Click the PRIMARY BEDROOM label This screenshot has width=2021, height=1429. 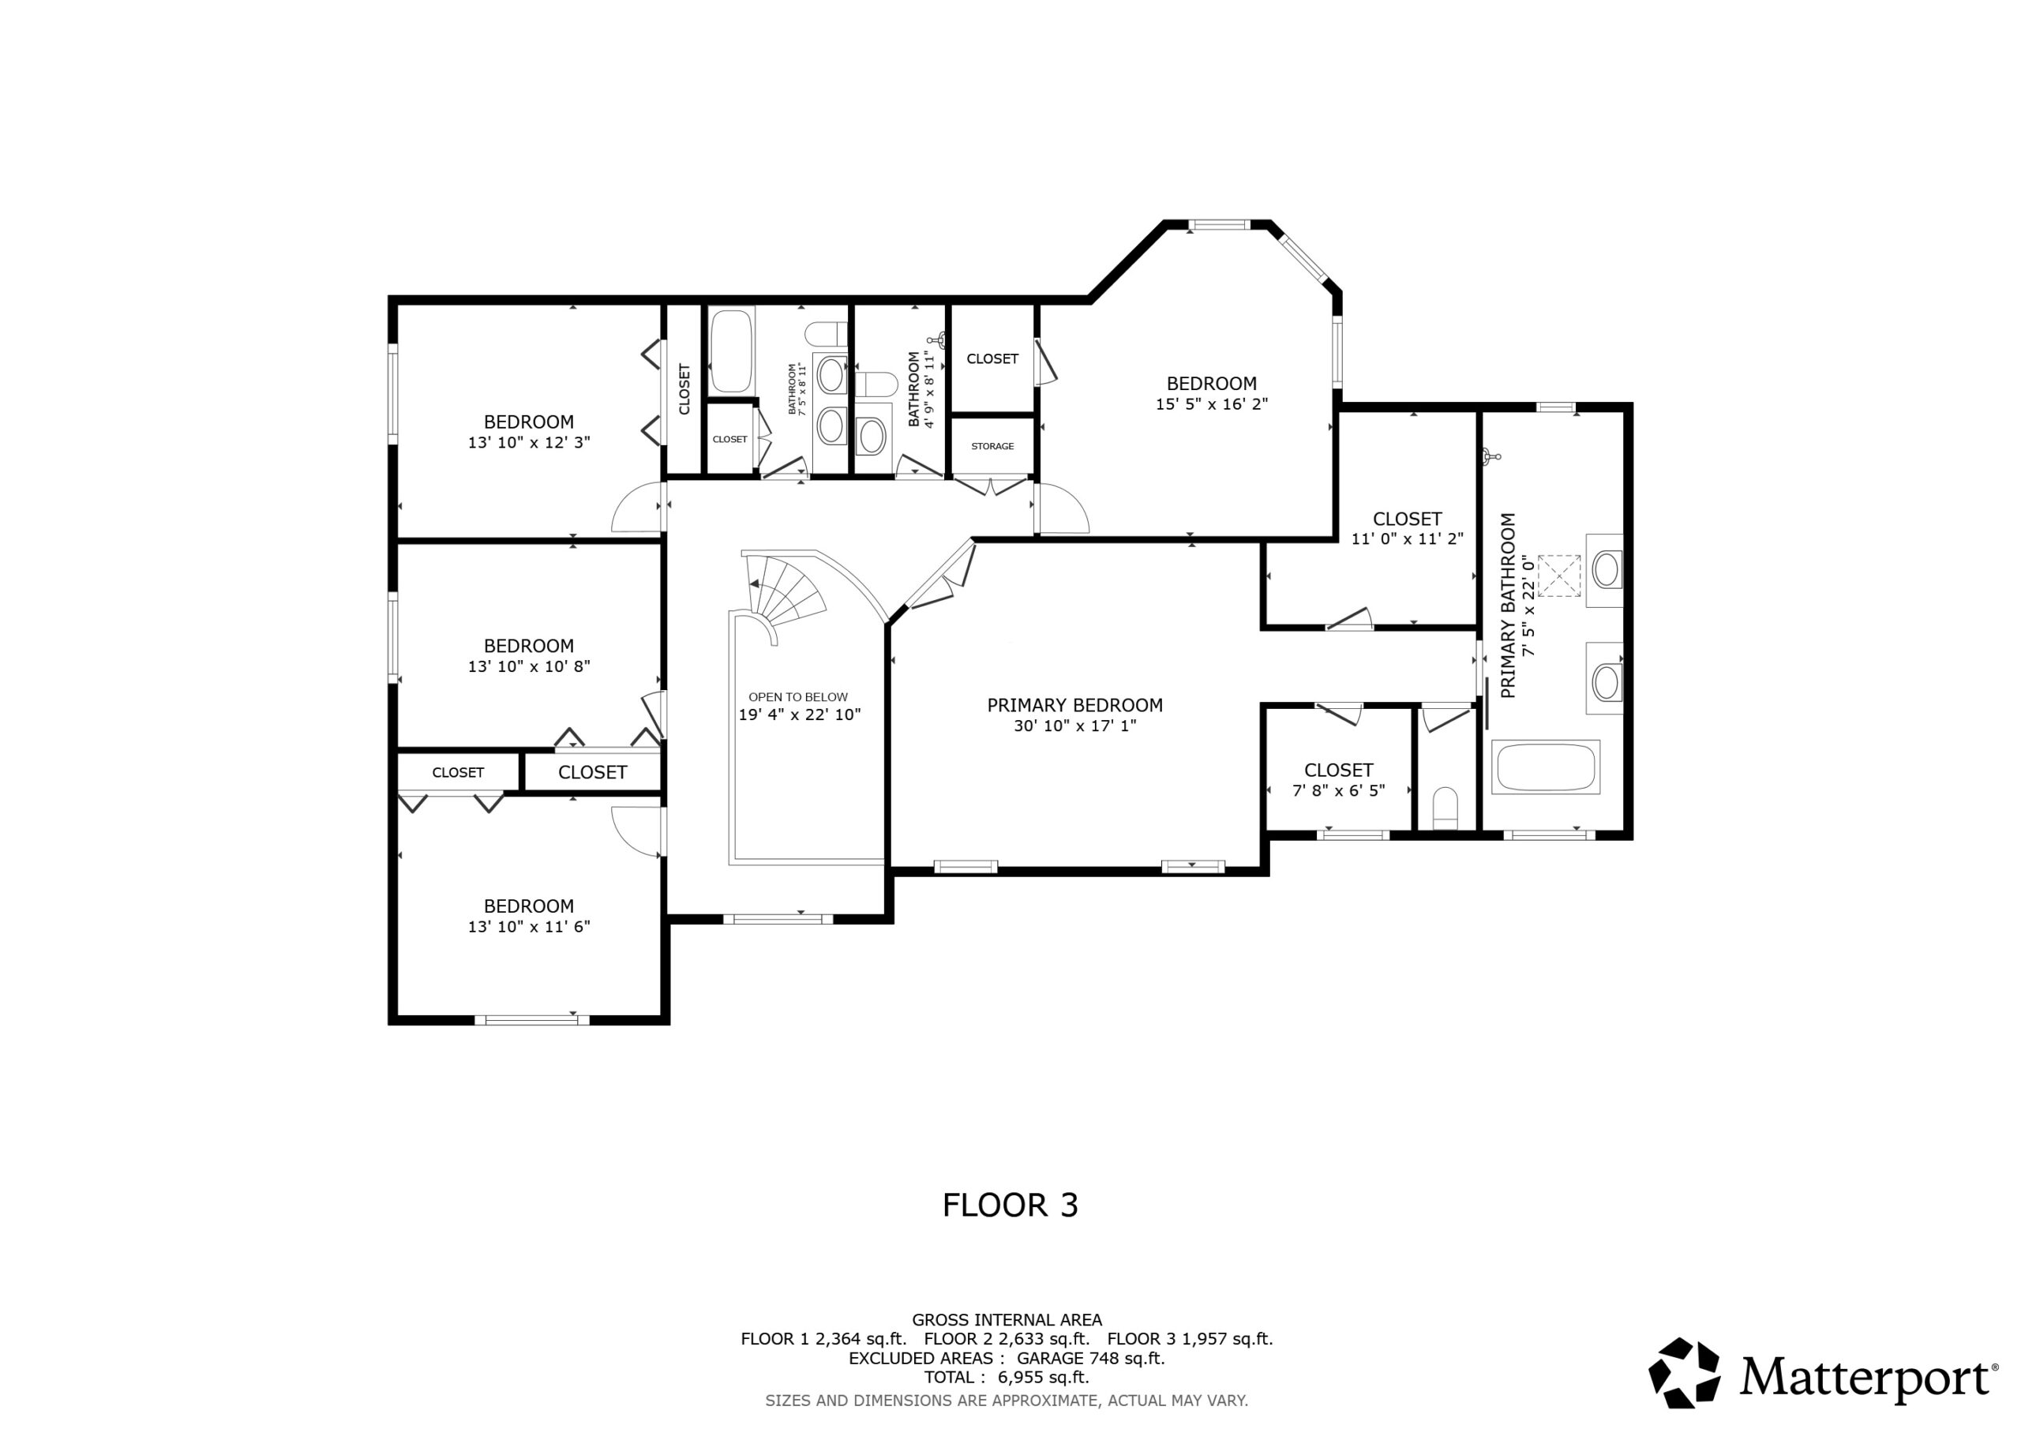[1074, 705]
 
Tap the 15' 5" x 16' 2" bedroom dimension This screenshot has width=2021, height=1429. [1211, 404]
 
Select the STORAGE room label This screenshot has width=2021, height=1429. [992, 446]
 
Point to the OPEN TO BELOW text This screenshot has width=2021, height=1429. [798, 696]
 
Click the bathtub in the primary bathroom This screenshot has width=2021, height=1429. [1547, 767]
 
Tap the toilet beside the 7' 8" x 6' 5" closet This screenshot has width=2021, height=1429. [1445, 808]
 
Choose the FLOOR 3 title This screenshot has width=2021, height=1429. [1010, 1206]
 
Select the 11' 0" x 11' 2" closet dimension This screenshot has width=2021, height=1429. [1407, 539]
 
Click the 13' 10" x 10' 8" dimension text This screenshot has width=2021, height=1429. [528, 666]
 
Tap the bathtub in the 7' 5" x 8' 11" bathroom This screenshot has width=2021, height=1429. [732, 350]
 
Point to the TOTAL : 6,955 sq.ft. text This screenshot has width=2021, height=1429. [1007, 1377]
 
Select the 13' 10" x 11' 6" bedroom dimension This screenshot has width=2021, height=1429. [528, 926]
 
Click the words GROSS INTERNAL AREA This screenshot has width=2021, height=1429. [1007, 1320]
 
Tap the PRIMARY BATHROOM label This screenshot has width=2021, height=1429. [1508, 606]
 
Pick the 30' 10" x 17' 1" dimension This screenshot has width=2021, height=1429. [1074, 726]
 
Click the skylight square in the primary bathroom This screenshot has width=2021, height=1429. [1559, 575]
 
